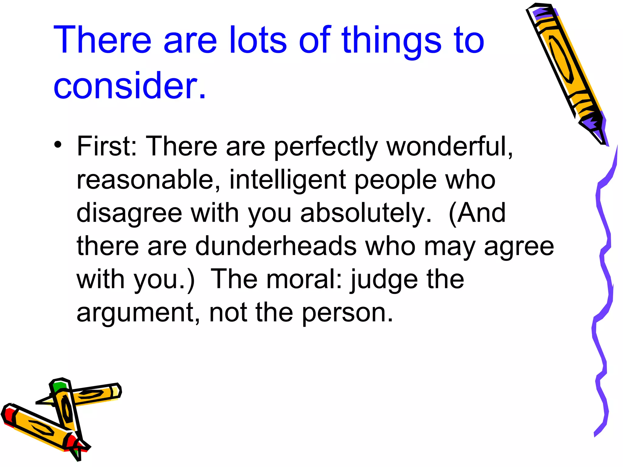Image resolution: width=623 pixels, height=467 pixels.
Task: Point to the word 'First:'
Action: (x=107, y=146)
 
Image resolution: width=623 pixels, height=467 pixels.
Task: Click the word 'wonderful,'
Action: (x=450, y=146)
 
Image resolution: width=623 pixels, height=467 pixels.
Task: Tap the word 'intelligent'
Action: (x=287, y=180)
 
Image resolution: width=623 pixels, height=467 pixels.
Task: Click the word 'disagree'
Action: (x=129, y=213)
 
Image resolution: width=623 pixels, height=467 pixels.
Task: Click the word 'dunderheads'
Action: (x=276, y=246)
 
